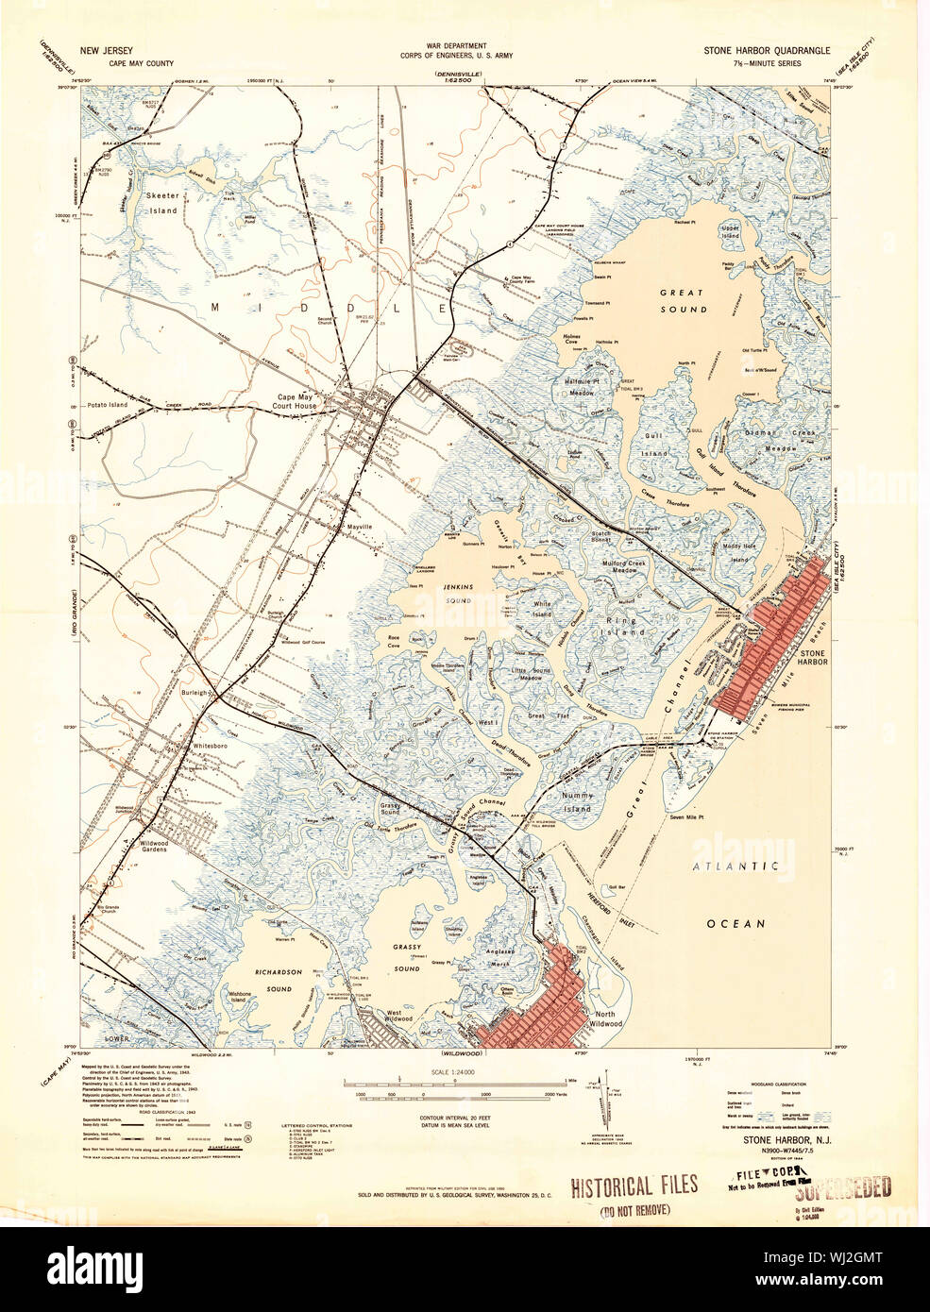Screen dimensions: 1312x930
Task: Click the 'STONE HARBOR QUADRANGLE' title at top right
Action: coord(766,50)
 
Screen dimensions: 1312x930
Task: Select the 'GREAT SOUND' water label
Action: coord(683,301)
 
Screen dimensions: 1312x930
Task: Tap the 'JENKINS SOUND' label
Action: coord(457,593)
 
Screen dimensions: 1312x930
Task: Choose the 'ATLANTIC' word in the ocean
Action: coord(735,866)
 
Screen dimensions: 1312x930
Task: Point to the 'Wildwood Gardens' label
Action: coord(141,844)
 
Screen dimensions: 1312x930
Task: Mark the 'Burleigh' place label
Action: coord(194,693)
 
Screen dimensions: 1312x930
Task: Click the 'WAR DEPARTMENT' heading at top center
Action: coord(456,45)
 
